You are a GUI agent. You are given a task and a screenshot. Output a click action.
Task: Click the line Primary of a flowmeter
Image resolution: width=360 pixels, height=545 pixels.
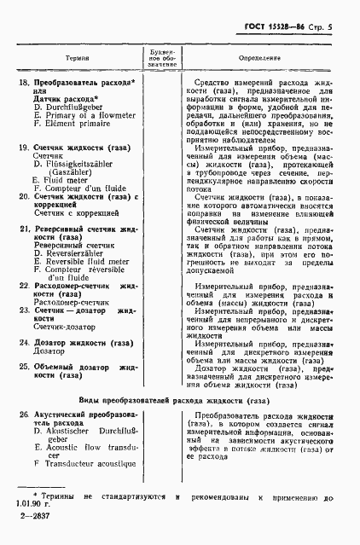click(89, 117)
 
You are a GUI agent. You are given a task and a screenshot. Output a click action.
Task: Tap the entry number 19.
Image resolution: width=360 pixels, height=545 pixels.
click(24, 148)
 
